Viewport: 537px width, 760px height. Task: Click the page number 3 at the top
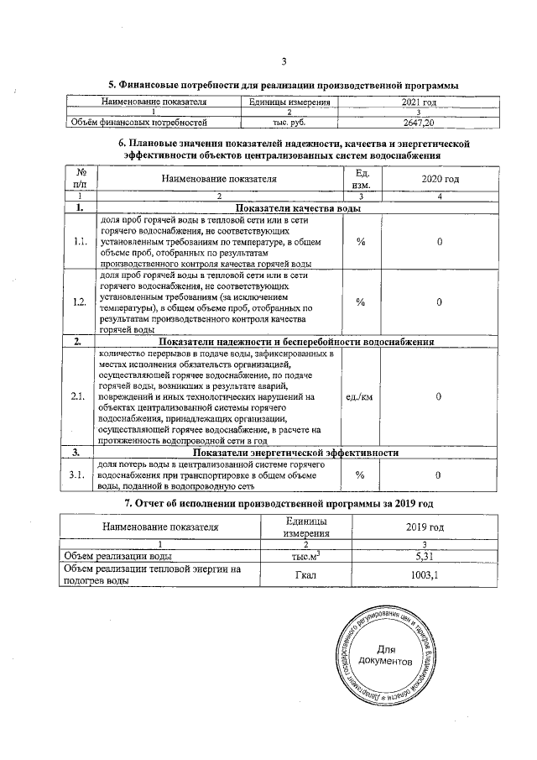click(284, 61)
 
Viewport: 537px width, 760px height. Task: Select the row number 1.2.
click(81, 302)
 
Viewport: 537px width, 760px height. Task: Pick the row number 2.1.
click(81, 396)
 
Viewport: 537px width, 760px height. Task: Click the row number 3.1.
click(81, 475)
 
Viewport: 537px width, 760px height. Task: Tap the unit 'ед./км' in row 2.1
click(360, 396)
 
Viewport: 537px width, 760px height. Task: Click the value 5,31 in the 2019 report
click(430, 556)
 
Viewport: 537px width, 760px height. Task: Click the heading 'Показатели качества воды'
click(299, 207)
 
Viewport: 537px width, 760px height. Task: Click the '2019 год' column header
click(430, 527)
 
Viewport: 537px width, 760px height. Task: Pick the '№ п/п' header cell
click(81, 180)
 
